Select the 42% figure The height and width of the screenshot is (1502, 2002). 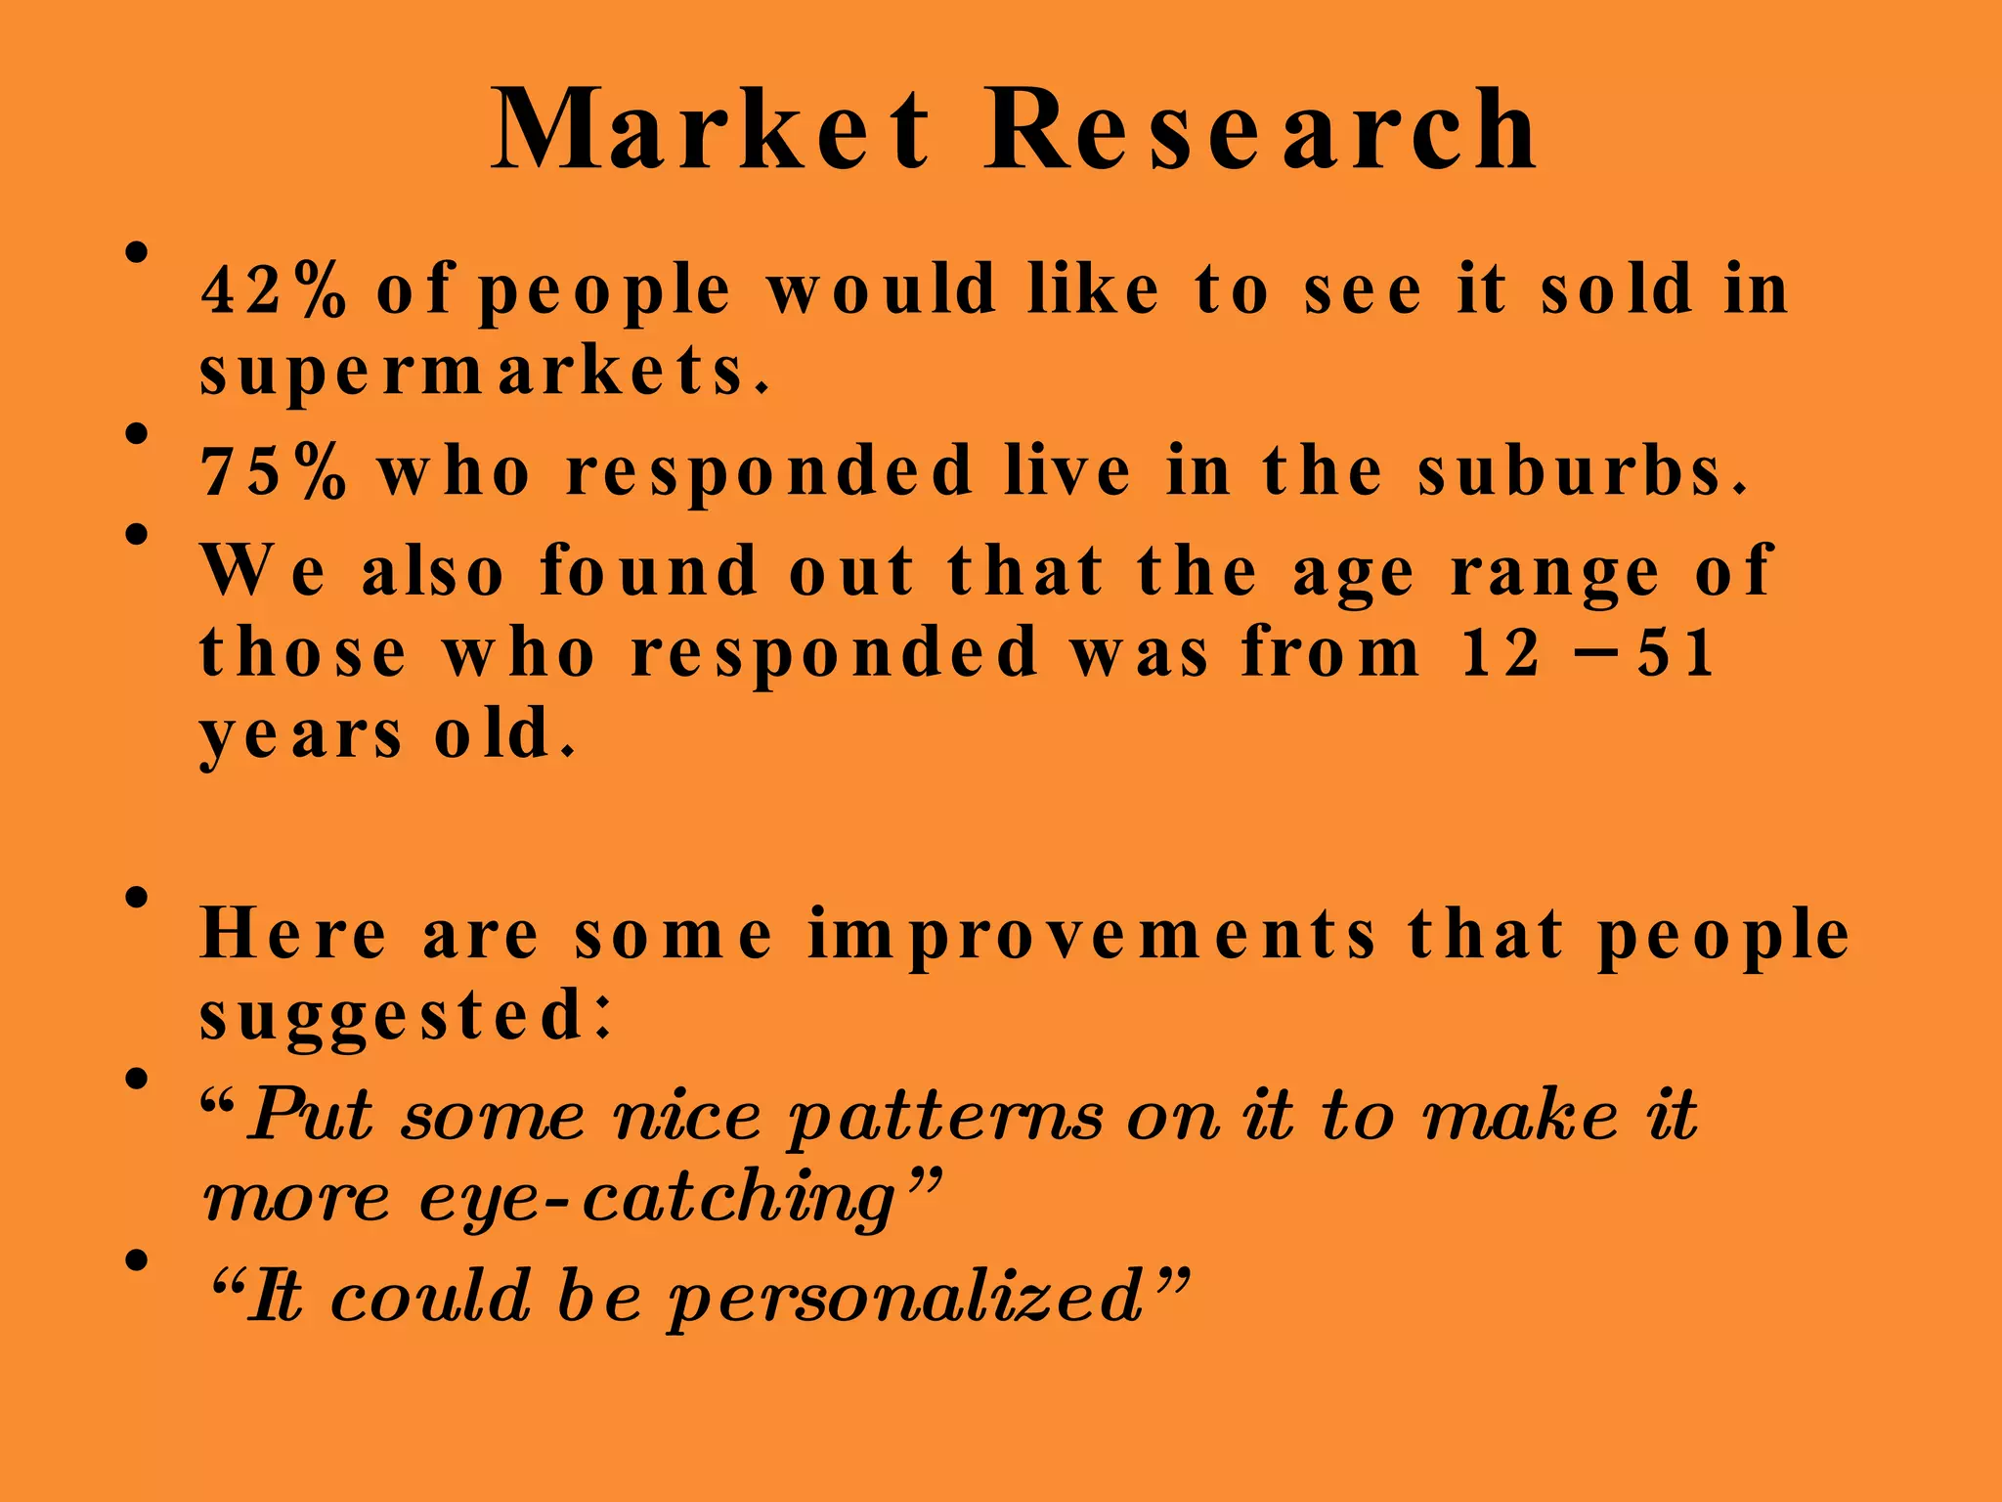[273, 289]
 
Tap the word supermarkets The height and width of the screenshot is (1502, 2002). [485, 372]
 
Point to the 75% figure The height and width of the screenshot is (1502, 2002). [273, 471]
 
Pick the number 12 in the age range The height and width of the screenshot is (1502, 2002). [1501, 652]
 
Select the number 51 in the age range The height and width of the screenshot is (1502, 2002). [1676, 652]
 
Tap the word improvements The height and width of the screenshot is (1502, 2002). [1092, 935]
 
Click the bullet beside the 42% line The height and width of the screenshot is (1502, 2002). [137, 253]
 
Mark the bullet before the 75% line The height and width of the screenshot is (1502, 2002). [137, 433]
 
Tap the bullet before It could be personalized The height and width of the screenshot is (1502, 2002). [137, 1259]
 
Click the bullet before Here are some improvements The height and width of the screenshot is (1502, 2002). [137, 897]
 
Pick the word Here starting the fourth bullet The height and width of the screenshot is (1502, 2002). [293, 933]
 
